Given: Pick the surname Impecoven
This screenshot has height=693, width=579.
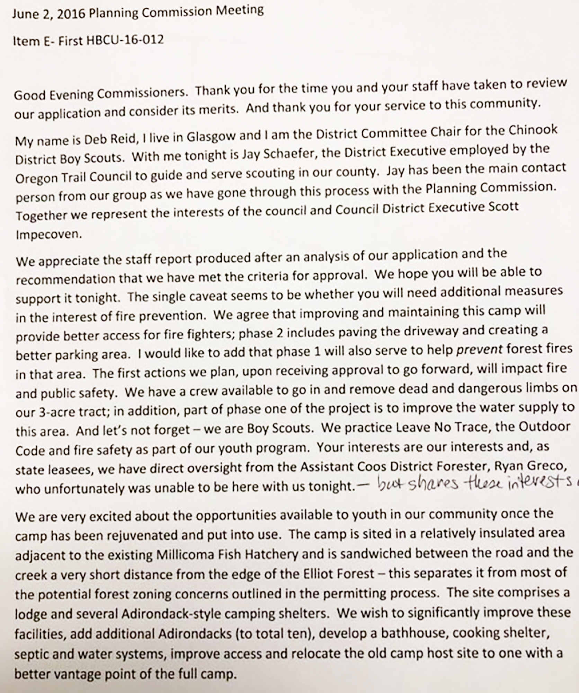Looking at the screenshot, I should [x=49, y=235].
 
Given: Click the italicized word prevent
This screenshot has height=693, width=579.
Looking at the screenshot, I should [x=479, y=350].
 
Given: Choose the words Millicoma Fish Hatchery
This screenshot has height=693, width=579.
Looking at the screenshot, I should [x=227, y=555].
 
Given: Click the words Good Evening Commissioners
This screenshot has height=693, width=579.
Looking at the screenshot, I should [x=101, y=94].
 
